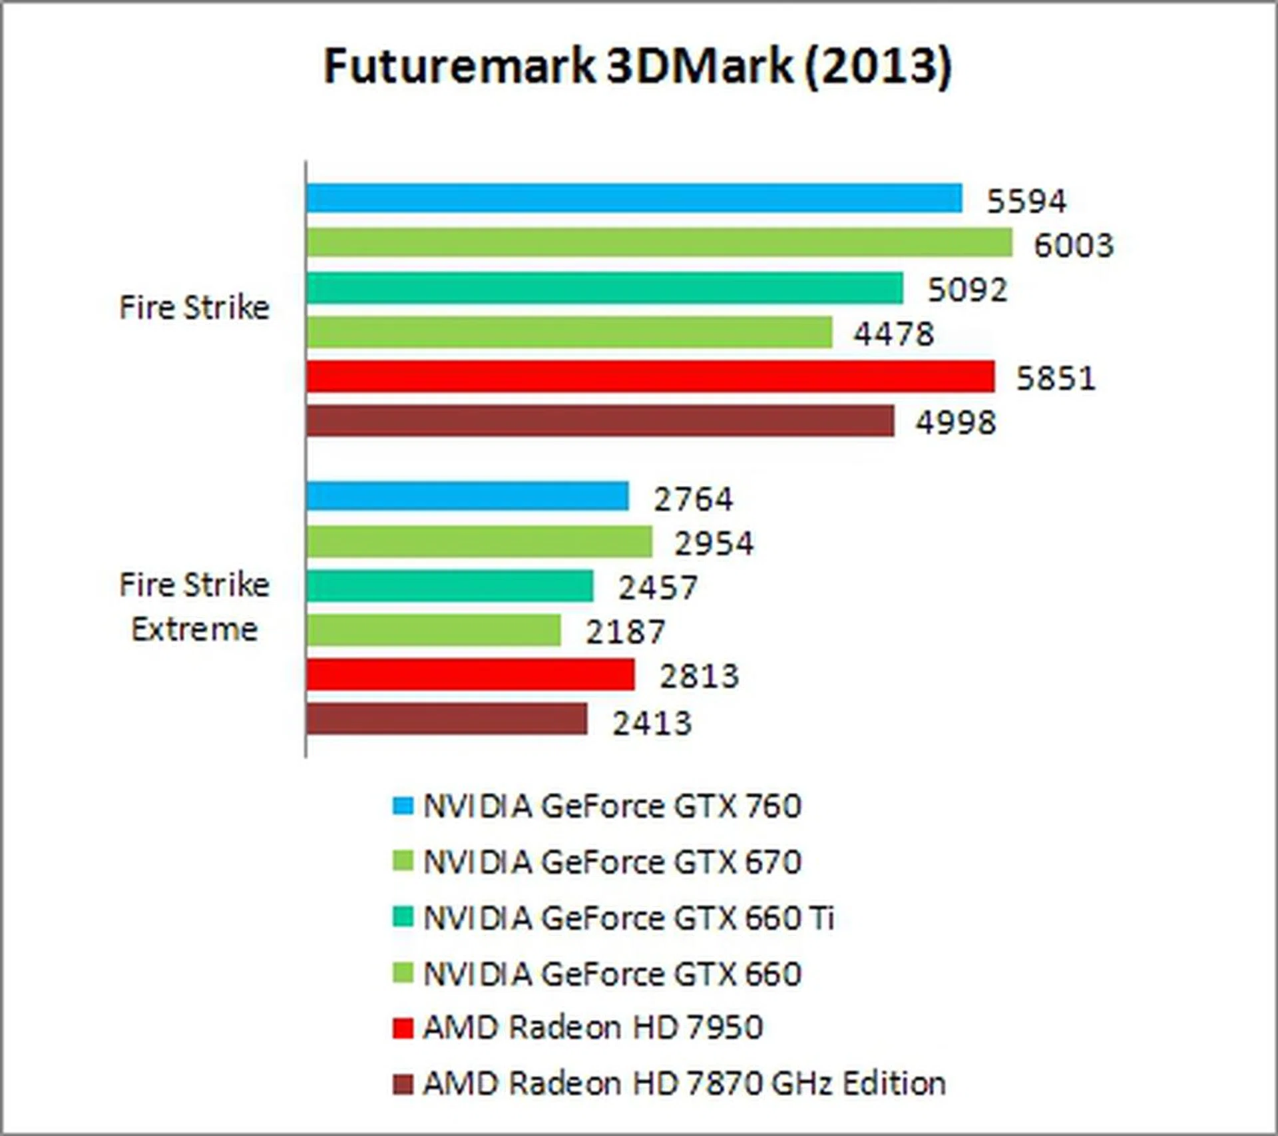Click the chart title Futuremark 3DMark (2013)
638,67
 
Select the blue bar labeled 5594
634,198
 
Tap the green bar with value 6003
659,242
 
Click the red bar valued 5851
650,376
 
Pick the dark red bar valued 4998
600,421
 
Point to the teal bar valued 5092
604,288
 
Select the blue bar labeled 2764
467,496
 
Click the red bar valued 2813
471,675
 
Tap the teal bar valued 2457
449,586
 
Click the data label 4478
893,333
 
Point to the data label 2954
714,543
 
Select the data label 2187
624,631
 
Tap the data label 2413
652,722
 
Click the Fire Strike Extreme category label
194,607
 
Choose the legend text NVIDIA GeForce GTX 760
612,806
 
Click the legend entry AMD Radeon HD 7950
593,1027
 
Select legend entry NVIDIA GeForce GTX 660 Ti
628,918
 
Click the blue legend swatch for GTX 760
403,806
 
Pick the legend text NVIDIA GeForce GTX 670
612,862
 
